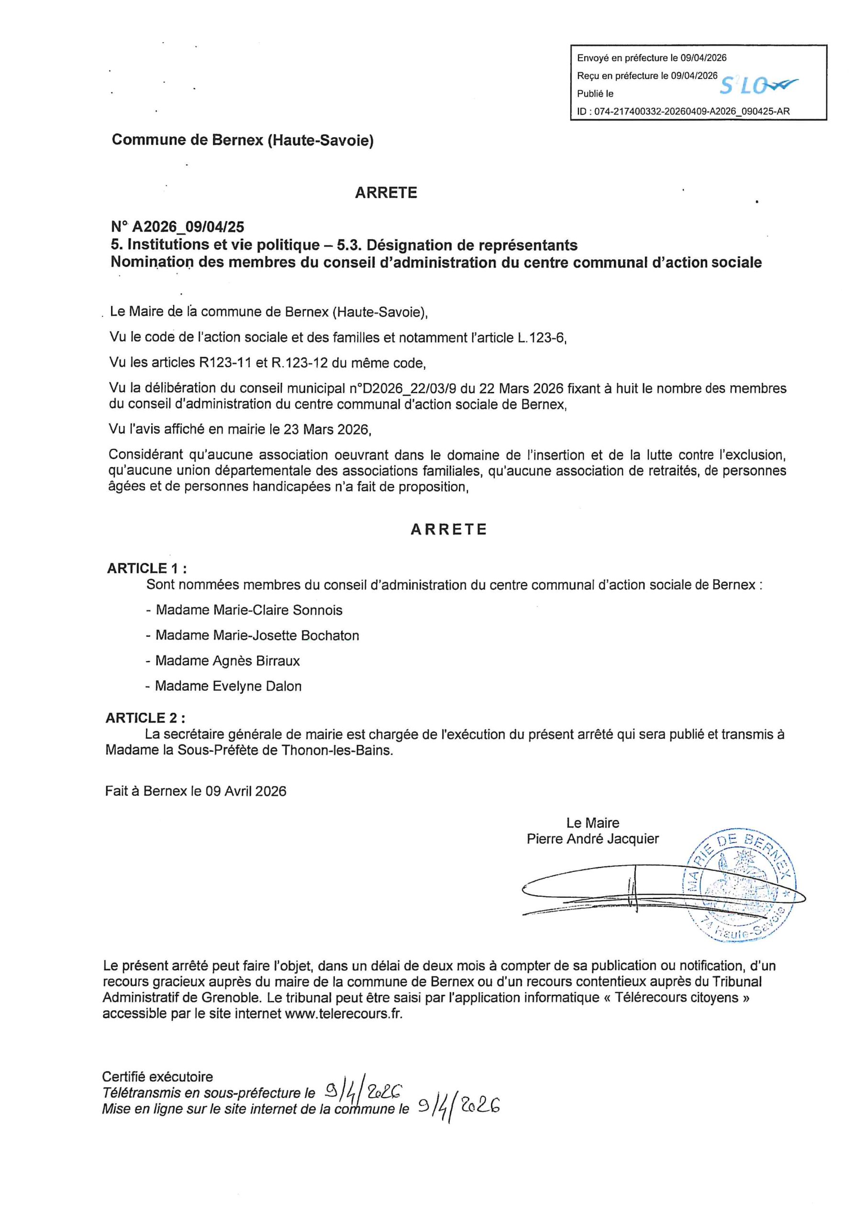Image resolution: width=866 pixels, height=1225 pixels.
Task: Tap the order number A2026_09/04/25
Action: [188, 227]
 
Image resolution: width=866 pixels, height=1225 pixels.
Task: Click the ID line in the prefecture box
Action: [683, 111]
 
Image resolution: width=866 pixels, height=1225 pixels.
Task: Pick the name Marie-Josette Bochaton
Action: [286, 635]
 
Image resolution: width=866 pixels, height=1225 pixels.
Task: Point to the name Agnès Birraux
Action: [256, 661]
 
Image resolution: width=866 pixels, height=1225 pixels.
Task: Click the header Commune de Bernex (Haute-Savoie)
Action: [242, 140]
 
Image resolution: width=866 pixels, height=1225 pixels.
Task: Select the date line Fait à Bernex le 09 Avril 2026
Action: [196, 791]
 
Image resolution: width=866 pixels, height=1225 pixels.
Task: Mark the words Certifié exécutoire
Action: [157, 1077]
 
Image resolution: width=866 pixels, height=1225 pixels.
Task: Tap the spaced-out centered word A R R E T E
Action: [449, 529]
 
